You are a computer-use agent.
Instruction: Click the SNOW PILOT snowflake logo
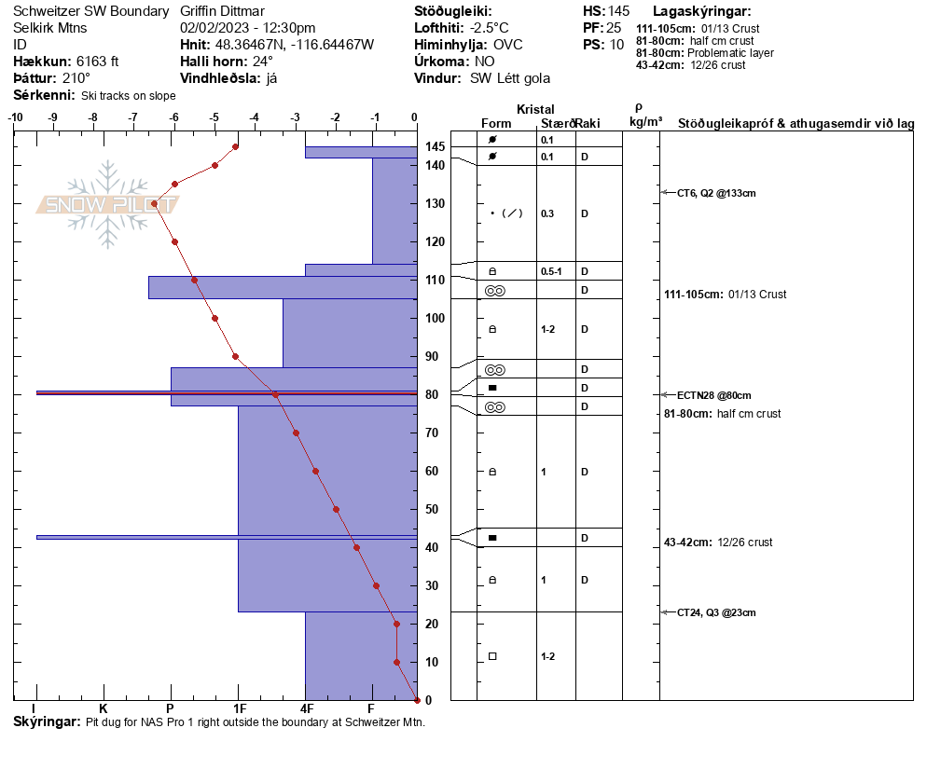click(107, 204)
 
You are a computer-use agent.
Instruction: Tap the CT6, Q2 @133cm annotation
click(716, 193)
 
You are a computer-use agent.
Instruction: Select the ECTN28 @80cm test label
click(713, 395)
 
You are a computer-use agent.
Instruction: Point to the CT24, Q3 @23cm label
click(716, 612)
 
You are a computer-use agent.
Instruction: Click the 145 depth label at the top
click(435, 146)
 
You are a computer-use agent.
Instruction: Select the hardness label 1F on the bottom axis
click(239, 708)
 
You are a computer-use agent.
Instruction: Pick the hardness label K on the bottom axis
click(103, 708)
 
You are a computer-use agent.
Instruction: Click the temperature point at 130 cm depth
click(154, 204)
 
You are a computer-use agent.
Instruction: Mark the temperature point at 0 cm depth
click(417, 700)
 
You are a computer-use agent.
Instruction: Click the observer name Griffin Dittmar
click(222, 11)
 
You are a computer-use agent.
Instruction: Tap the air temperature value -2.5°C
click(489, 28)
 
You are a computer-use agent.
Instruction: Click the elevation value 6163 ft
click(98, 62)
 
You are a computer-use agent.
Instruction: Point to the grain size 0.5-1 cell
click(551, 272)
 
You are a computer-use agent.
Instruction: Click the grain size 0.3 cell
click(547, 213)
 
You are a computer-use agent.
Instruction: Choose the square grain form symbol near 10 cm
click(492, 656)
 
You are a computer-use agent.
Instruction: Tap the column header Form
click(496, 123)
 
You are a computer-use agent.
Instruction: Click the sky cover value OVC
click(508, 45)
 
